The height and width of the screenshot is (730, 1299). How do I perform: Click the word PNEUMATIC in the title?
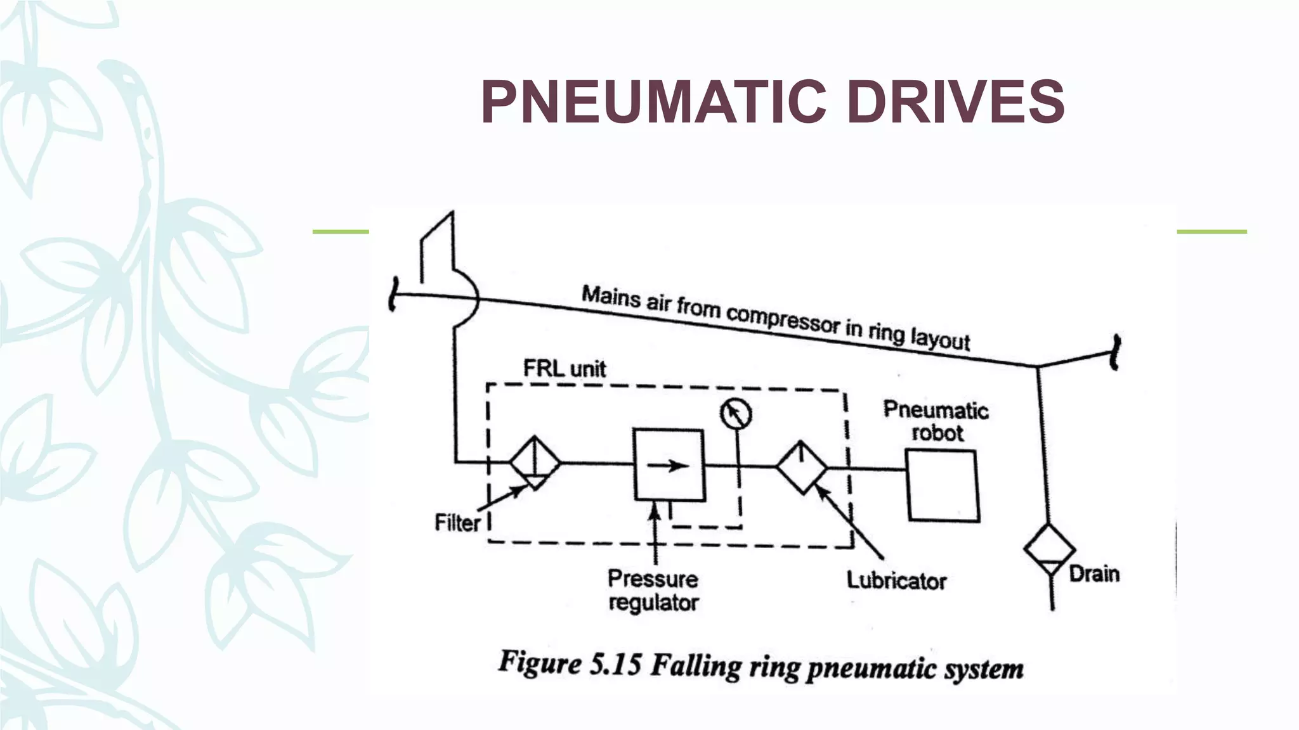pyautogui.click(x=654, y=102)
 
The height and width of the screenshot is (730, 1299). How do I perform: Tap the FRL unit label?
pyautogui.click(x=564, y=368)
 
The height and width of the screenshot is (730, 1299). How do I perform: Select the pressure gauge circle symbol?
pyautogui.click(x=736, y=414)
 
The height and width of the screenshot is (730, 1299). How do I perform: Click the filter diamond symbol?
pyautogui.click(x=535, y=463)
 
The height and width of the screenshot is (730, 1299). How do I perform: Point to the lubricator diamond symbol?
pyautogui.click(x=801, y=468)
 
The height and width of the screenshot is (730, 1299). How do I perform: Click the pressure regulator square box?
pyautogui.click(x=669, y=464)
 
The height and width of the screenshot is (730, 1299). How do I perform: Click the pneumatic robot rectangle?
pyautogui.click(x=942, y=485)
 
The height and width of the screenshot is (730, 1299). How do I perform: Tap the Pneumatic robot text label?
pyautogui.click(x=936, y=421)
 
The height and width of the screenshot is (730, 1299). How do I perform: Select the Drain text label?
pyautogui.click(x=1094, y=574)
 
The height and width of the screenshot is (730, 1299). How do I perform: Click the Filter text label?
pyautogui.click(x=457, y=523)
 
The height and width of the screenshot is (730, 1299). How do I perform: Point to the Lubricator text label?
pyautogui.click(x=896, y=580)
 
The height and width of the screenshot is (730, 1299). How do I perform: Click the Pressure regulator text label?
pyautogui.click(x=653, y=590)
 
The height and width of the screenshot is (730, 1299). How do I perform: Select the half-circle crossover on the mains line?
pyautogui.click(x=468, y=298)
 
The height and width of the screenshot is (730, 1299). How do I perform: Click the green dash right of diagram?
pyautogui.click(x=1211, y=232)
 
